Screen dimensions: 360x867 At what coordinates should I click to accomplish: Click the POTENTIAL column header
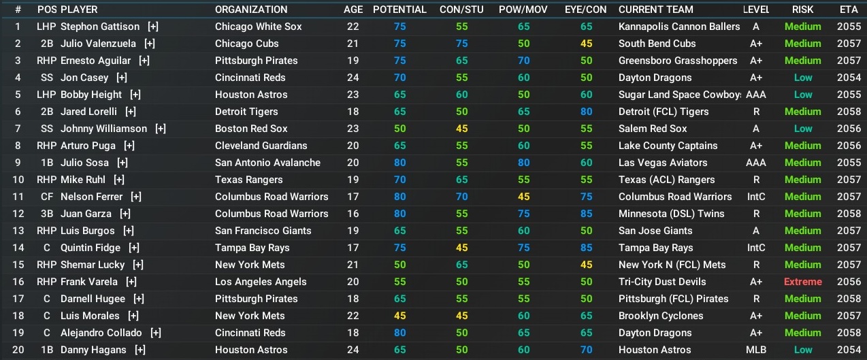point(399,10)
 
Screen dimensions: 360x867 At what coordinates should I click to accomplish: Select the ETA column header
point(849,10)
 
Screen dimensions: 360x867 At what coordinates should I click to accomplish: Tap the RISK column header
point(802,10)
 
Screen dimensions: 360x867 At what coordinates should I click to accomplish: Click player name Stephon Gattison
point(99,27)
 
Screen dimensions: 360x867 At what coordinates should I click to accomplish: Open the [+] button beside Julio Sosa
point(122,163)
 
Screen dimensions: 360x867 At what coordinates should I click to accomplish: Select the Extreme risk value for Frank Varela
point(802,282)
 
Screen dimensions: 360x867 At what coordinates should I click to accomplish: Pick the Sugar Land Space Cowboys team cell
point(679,95)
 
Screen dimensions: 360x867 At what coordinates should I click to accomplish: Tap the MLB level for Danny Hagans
point(756,350)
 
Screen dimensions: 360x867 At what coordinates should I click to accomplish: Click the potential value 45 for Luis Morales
point(399,316)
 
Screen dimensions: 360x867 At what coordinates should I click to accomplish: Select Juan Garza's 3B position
point(48,214)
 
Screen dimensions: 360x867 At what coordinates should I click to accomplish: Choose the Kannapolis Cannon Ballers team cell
point(678,27)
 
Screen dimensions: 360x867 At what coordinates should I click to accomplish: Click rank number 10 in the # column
point(18,180)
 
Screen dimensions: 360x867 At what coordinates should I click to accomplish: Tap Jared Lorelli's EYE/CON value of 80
point(586,112)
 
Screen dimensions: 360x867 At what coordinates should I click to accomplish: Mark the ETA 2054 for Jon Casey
point(849,78)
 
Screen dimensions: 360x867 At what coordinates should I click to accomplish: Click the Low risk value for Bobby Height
point(802,95)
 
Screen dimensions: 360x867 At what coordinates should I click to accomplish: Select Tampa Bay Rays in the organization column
point(252,248)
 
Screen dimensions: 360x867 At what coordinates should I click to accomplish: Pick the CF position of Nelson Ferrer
point(48,197)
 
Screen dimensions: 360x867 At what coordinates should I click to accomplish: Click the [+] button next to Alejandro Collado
point(156,333)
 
